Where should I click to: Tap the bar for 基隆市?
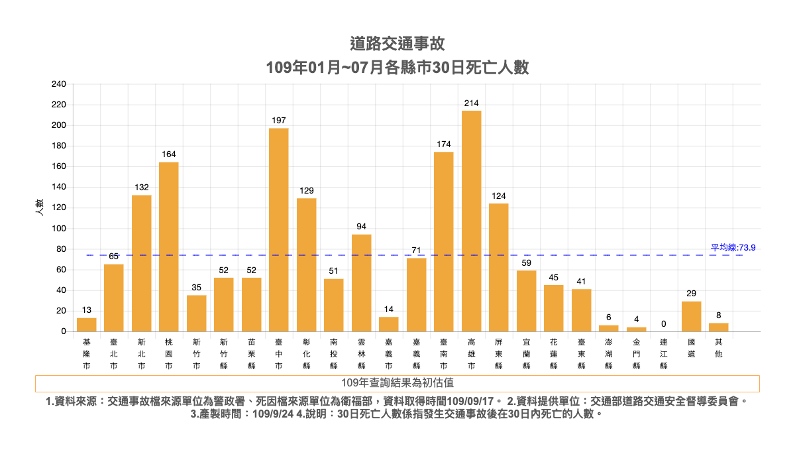(x=87, y=325)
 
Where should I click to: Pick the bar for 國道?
(x=691, y=316)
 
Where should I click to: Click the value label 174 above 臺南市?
(x=444, y=144)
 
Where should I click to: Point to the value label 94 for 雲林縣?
(x=361, y=227)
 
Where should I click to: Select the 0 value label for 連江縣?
(x=663, y=324)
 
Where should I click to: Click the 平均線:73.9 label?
(x=733, y=247)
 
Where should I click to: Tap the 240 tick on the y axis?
(x=58, y=84)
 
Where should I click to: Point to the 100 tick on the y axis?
(x=58, y=229)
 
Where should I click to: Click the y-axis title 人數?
(x=39, y=207)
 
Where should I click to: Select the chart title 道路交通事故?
(x=397, y=44)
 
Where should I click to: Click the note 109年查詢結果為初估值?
(x=397, y=383)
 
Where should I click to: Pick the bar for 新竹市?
(x=196, y=313)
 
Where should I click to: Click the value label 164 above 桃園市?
(x=169, y=154)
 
